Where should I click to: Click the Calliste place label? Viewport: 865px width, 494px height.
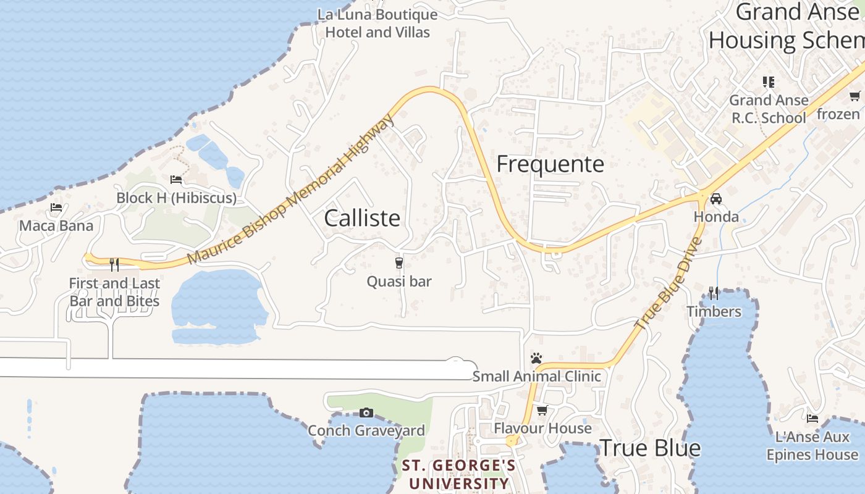coord(362,219)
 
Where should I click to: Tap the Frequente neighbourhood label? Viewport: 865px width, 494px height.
coord(550,164)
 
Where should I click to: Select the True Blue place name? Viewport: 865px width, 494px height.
coord(650,448)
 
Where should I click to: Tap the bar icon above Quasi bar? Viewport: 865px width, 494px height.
coord(399,263)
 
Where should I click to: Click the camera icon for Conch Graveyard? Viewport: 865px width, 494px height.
coord(366,412)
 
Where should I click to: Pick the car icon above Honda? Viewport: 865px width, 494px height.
coord(715,199)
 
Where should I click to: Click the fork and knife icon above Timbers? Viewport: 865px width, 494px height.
coord(714,293)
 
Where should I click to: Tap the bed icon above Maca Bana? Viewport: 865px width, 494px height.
coord(56,207)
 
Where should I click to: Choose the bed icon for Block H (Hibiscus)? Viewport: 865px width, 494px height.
coord(176,180)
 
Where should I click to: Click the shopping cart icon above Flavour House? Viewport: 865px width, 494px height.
coord(542,410)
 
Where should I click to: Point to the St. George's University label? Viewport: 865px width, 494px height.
coord(458,474)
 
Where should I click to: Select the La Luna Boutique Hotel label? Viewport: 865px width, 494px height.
coord(378,23)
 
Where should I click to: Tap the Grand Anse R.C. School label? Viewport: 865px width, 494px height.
coord(769,109)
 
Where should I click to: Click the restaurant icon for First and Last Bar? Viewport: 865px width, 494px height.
coord(114,265)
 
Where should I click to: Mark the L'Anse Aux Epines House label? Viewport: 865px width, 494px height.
coord(812,446)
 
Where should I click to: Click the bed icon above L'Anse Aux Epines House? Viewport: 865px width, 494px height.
coord(812,419)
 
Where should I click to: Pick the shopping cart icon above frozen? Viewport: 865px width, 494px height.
coord(854,96)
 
